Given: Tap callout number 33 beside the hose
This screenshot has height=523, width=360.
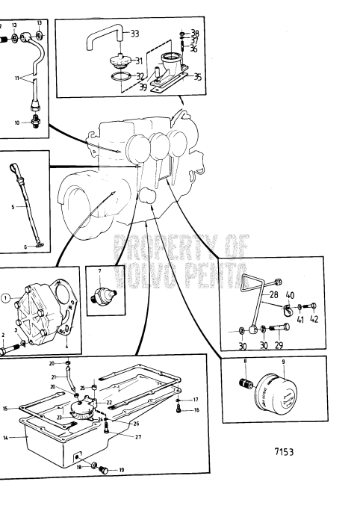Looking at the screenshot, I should (135, 34).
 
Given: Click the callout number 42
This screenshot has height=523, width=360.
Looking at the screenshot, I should (314, 320).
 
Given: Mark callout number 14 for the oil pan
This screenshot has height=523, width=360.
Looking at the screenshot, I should (6, 436).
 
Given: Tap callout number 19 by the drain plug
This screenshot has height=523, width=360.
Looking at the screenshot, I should (122, 470).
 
